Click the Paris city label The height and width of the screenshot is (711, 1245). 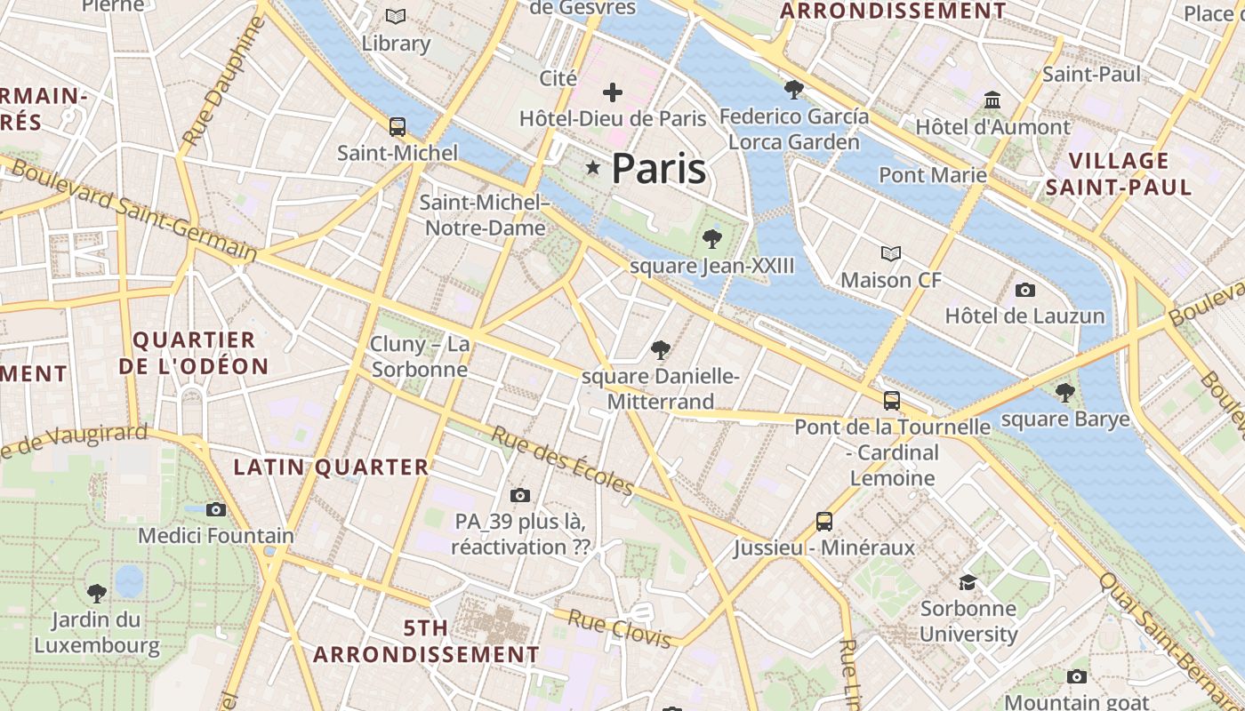point(659,169)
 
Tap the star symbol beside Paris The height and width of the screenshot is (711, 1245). point(592,167)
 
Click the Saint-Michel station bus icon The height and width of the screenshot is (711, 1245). point(397,127)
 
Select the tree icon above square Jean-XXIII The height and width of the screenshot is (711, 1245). point(711,238)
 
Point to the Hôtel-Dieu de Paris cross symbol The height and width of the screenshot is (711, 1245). point(612,92)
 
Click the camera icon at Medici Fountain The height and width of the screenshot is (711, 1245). point(215,509)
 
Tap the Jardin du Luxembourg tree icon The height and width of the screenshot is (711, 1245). point(97,593)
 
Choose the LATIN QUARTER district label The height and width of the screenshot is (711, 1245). point(331,467)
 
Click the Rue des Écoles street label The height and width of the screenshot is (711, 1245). point(562,461)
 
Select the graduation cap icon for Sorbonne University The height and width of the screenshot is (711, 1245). point(968,582)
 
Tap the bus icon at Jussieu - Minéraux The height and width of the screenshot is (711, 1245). point(824,522)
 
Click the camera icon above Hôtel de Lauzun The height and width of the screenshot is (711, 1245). point(1024,290)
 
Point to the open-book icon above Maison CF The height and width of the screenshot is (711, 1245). point(890,254)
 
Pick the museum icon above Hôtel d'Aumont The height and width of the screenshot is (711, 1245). point(992,100)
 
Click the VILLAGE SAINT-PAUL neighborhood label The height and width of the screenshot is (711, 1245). point(1118,174)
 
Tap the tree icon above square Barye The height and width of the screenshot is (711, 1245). point(1064,392)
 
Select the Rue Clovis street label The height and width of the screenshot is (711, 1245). point(619,628)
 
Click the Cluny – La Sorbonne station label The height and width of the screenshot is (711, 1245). point(420,356)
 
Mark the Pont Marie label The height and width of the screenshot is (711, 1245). point(933,175)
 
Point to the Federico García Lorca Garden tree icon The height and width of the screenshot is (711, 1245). point(793,89)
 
